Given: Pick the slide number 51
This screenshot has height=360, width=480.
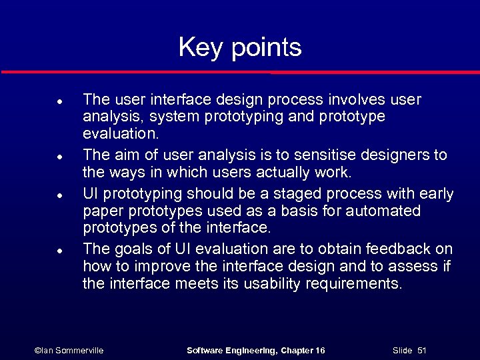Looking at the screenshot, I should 421,351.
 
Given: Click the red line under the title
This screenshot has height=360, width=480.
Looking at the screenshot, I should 240,72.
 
